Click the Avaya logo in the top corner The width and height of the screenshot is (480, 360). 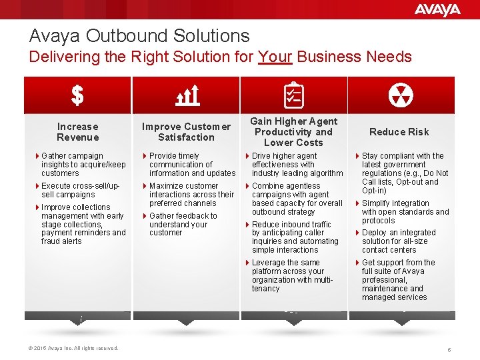point(437,10)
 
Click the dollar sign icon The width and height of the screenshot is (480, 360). point(77,96)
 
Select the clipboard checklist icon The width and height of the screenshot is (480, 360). point(293,95)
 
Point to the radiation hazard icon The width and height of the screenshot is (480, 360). point(401,95)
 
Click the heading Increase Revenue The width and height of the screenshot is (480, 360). point(77,132)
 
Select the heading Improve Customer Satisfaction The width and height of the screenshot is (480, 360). point(186,132)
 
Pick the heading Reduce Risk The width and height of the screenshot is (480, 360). point(399,132)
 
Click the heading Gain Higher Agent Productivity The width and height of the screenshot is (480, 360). point(293,132)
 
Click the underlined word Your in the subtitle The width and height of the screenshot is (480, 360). point(275,57)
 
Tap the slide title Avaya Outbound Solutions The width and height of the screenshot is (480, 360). point(139,36)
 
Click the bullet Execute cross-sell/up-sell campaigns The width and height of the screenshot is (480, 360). point(81,190)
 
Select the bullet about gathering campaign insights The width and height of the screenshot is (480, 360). point(83,164)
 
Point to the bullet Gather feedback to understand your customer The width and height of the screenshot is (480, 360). point(183,224)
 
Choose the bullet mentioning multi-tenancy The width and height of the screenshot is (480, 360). point(294,275)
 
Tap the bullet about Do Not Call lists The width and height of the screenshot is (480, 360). point(404,173)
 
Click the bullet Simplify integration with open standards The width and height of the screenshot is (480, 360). point(404,212)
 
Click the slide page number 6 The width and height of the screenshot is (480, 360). point(449,349)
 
